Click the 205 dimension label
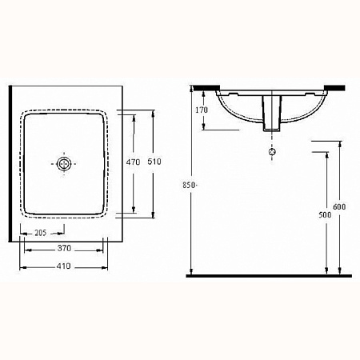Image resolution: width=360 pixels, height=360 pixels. click(x=41, y=233)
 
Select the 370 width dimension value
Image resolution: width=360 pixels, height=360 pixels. click(x=64, y=248)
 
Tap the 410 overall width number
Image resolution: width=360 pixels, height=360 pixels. click(x=63, y=266)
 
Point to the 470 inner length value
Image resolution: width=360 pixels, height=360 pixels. click(x=133, y=162)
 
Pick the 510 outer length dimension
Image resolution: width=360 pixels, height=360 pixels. click(x=154, y=162)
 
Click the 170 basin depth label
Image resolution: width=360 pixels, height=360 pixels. click(x=202, y=110)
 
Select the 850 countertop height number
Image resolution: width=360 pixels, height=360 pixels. click(x=189, y=185)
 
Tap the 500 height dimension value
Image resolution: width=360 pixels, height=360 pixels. click(x=325, y=214)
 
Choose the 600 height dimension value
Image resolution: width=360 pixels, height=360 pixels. click(x=339, y=206)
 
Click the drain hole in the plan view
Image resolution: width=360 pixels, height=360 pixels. click(x=64, y=164)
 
